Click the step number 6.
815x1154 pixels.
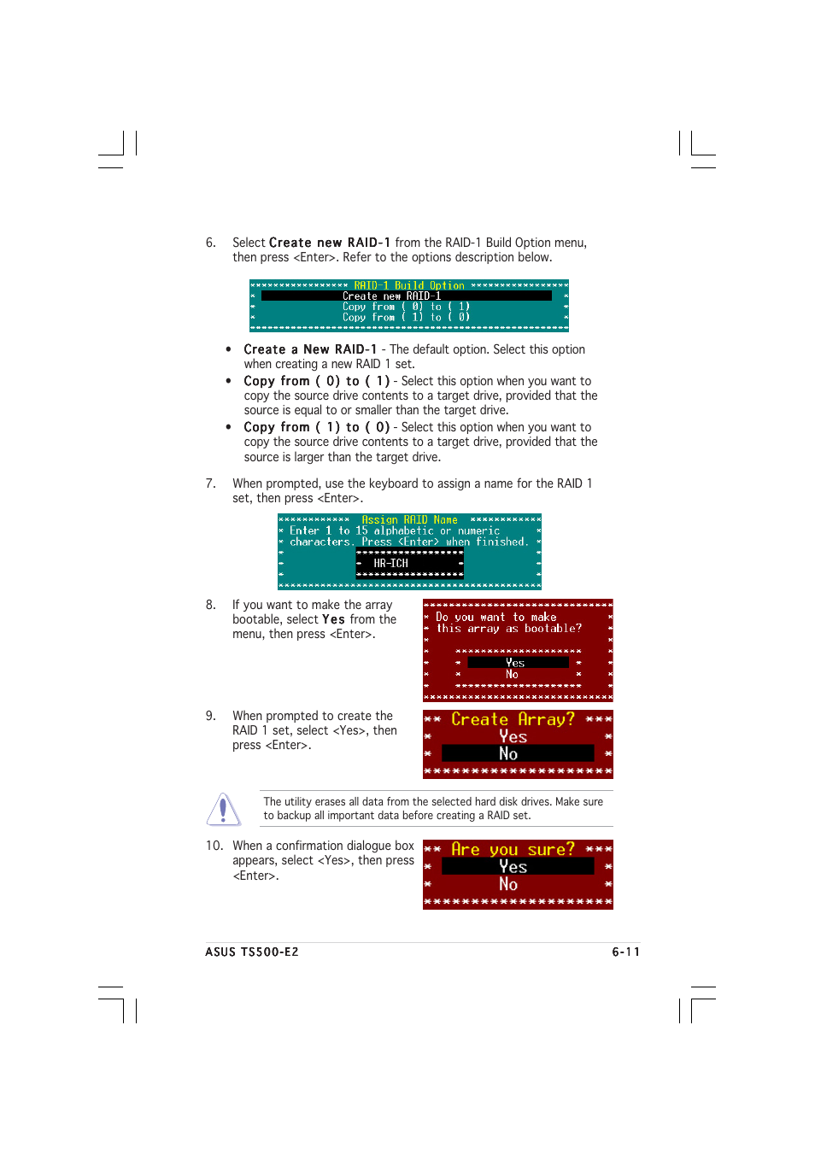[210, 243]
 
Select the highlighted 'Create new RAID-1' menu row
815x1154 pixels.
[406, 296]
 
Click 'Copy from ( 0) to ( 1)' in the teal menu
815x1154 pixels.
[406, 307]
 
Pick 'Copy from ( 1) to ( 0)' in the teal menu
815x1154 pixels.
[406, 317]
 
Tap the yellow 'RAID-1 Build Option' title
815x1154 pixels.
[409, 285]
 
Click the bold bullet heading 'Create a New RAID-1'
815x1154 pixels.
[309, 349]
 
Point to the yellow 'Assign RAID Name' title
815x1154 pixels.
[409, 519]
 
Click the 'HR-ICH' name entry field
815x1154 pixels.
[409, 563]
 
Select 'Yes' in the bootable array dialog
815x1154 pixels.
[517, 663]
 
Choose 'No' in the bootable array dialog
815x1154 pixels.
[513, 674]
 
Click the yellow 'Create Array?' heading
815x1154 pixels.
[513, 719]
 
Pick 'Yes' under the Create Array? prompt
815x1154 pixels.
[513, 736]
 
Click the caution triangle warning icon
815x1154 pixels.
[223, 809]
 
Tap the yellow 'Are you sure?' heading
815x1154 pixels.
[513, 849]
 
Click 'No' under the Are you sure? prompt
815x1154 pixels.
[509, 884]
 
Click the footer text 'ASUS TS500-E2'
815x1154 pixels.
[252, 952]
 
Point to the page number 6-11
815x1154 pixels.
[625, 952]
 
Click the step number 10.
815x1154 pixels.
[214, 846]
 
